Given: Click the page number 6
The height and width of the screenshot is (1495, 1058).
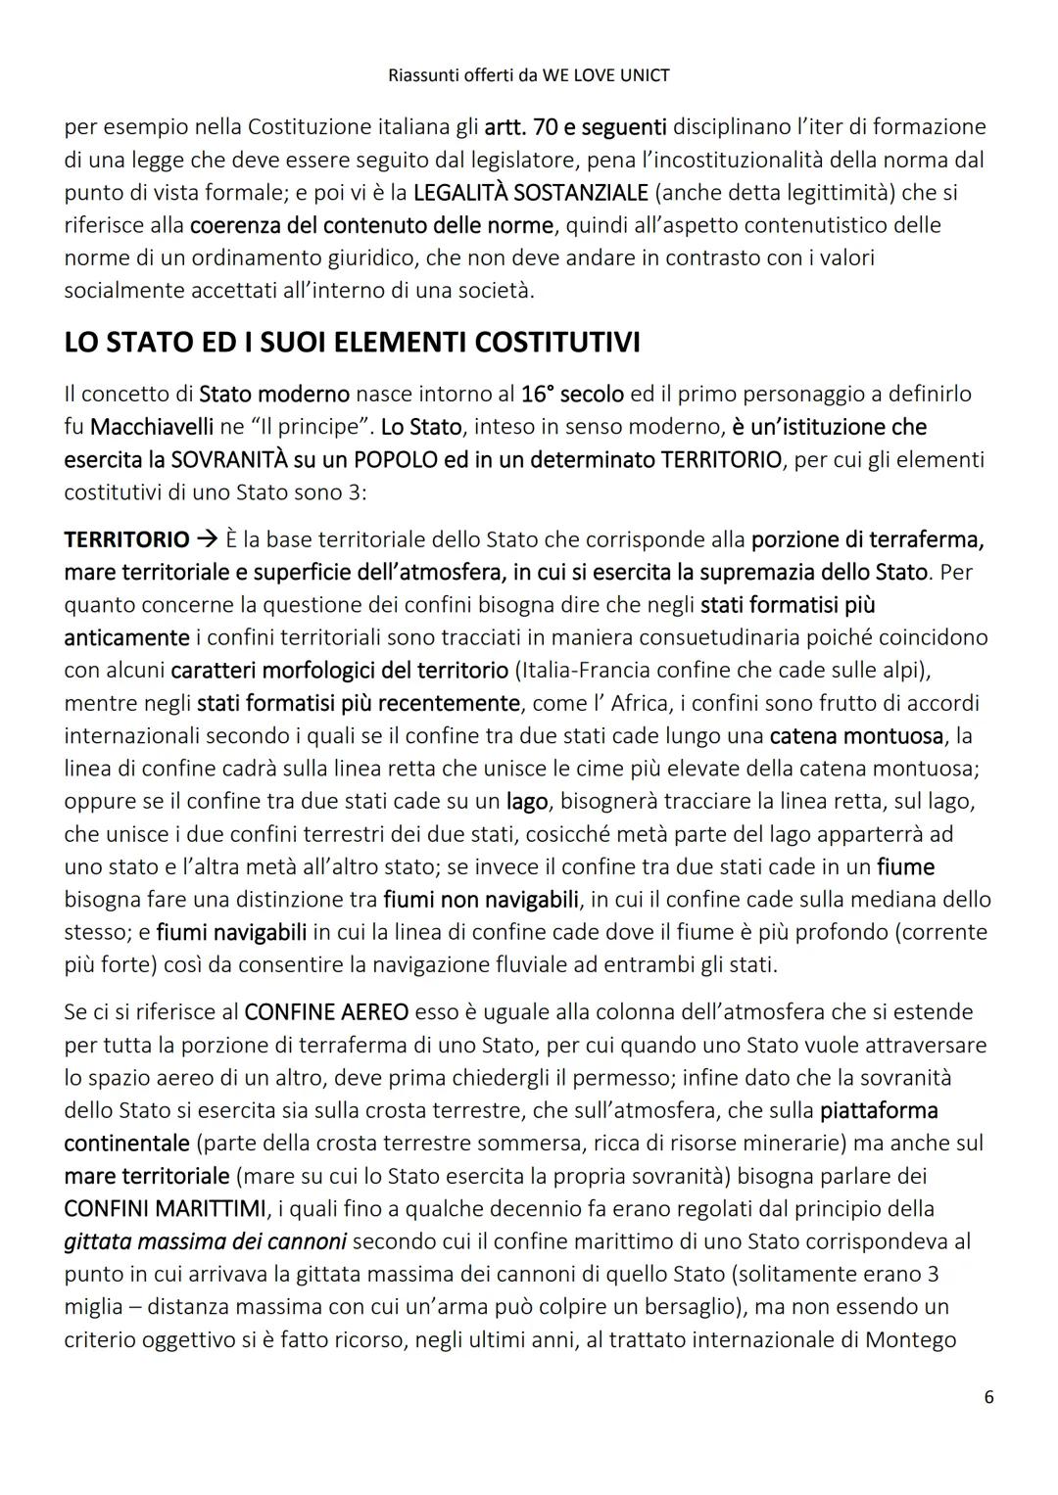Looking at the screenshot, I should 988,1397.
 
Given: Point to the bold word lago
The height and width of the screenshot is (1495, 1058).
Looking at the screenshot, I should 526,801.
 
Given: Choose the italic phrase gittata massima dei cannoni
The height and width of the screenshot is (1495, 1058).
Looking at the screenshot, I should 205,1241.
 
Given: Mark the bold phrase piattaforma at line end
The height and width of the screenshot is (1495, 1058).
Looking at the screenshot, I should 879,1110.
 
